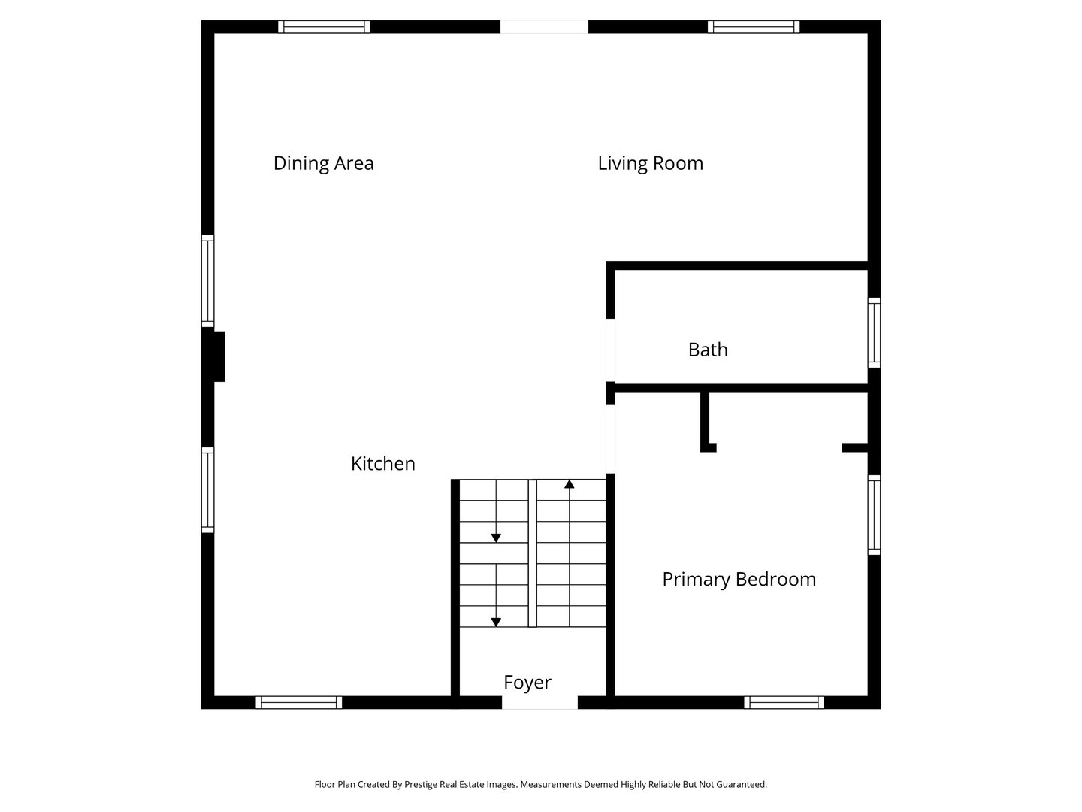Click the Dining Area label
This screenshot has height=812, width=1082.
coord(323,163)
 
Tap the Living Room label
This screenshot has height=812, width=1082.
coord(650,163)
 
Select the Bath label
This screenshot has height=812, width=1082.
coord(708,350)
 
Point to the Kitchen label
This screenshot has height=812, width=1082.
coord(382,463)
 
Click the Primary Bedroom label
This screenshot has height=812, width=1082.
coord(739,579)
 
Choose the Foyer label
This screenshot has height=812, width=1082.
coord(527,682)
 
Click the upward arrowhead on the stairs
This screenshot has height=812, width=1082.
coord(570,485)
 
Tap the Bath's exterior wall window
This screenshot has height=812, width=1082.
coord(874,332)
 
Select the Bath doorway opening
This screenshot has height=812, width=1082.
coord(610,350)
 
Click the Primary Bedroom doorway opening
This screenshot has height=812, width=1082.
coord(610,439)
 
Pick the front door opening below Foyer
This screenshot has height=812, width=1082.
coord(539,703)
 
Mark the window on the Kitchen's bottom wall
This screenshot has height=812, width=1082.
coord(299,703)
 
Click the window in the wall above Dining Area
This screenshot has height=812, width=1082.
coord(324,27)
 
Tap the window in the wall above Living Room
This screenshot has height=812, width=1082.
coord(753,27)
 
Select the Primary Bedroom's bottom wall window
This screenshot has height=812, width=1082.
coord(784,703)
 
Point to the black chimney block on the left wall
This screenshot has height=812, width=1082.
coord(215,356)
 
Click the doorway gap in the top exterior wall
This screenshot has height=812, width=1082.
coord(544,27)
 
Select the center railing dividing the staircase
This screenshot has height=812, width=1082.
coord(532,553)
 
